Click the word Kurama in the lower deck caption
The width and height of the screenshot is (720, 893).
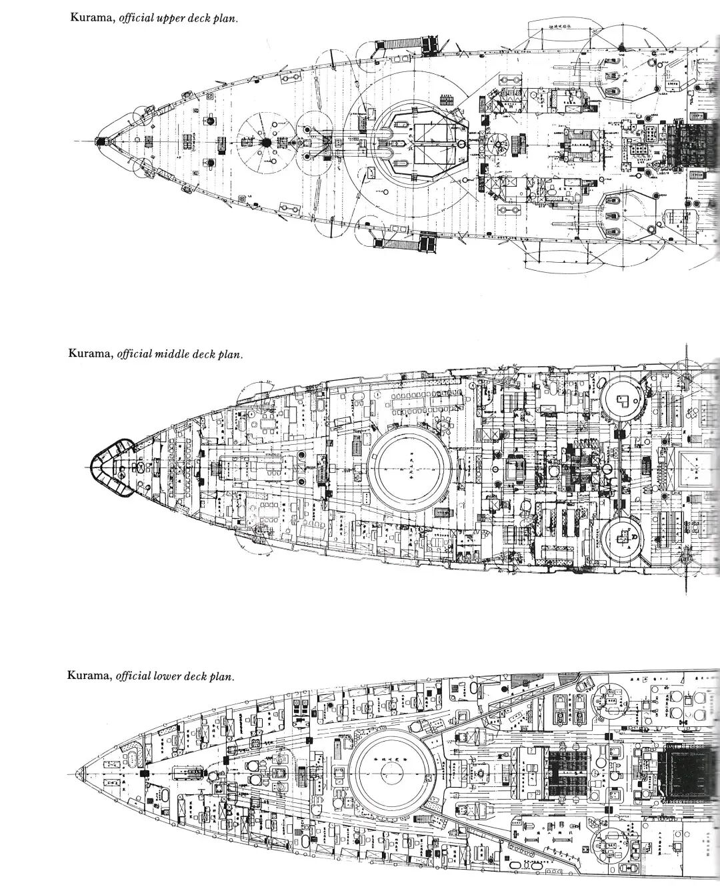click(89, 675)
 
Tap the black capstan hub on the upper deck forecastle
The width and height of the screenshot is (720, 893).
click(265, 142)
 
